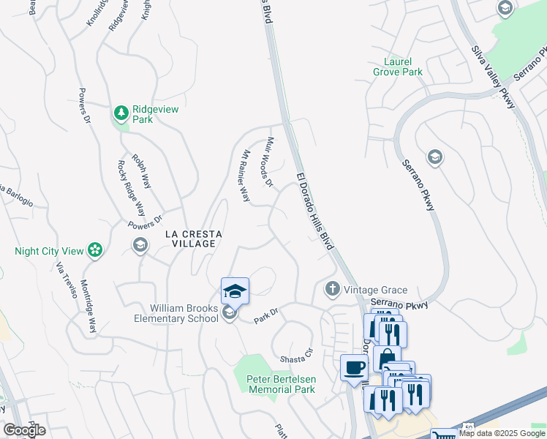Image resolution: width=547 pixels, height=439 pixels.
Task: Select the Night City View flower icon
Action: pos(94,251)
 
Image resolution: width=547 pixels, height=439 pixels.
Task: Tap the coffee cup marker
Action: pos(355,367)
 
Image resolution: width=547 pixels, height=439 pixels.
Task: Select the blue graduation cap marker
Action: pos(235,291)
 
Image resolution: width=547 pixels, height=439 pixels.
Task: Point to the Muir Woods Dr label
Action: pos(268,161)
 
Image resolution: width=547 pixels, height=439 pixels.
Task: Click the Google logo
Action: pos(24,430)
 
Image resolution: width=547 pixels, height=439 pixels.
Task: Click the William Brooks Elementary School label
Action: pos(176,312)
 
